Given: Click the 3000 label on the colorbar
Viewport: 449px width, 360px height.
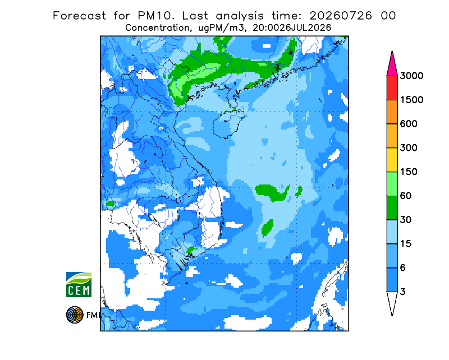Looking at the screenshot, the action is [411, 76].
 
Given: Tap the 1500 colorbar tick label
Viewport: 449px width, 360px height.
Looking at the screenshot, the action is [411, 100].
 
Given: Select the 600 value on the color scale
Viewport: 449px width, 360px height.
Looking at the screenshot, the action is [409, 124].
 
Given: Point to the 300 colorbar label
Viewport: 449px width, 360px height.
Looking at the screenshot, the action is [409, 148].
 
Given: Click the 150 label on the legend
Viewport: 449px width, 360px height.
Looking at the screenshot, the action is [409, 172].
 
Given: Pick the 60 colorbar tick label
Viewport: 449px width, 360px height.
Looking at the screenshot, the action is [406, 196].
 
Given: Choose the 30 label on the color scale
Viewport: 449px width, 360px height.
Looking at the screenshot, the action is [406, 220].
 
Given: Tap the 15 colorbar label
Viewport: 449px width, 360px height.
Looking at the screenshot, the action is [406, 244].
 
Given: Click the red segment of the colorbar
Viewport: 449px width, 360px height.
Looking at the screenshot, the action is [392, 88].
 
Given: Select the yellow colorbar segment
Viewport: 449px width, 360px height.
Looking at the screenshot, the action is [392, 160].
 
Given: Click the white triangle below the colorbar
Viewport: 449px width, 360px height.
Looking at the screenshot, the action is [392, 303].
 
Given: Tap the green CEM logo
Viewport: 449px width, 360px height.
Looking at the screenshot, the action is [79, 284].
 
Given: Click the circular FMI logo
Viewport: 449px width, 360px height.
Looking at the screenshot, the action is [75, 315].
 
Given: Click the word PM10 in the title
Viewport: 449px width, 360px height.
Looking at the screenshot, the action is [155, 16].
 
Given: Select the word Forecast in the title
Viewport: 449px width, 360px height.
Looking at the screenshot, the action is [79, 16].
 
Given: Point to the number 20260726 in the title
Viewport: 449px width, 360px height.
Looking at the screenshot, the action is [341, 16].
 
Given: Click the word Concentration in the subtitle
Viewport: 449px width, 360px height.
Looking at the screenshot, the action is [157, 28].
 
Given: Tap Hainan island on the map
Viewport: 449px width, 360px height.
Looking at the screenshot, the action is [228, 123].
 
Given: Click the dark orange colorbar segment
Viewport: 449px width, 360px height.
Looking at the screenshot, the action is [392, 112].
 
